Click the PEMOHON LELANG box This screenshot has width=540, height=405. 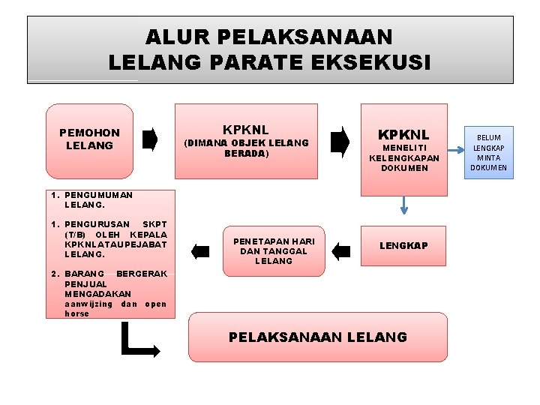89,139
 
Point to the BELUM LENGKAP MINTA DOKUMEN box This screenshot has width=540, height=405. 488,152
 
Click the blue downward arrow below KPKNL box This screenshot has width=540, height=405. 404,203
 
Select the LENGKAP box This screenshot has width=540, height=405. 403,246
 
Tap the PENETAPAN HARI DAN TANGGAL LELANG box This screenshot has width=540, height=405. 274,250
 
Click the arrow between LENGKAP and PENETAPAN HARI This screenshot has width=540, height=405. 340,250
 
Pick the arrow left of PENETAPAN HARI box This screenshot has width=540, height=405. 200,250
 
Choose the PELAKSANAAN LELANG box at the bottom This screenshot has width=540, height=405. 317,337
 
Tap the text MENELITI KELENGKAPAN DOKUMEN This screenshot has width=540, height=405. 404,158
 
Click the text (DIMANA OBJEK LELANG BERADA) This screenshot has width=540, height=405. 247,148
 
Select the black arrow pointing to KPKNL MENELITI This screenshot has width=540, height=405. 340,141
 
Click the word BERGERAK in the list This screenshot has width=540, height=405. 142,274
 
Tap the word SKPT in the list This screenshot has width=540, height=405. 154,224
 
